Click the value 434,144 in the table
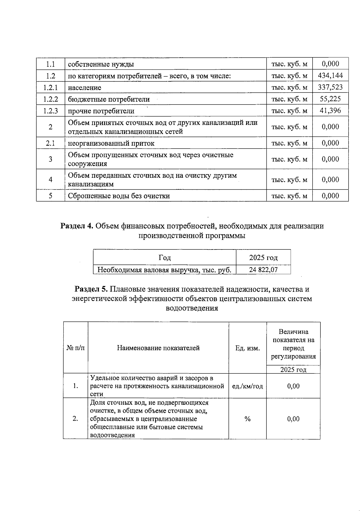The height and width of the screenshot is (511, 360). [330, 75]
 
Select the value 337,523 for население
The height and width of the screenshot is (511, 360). [330, 87]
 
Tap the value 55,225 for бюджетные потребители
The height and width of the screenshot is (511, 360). [330, 99]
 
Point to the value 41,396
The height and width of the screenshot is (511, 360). [330, 110]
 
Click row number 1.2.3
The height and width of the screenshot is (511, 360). [50, 111]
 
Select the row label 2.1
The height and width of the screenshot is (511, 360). [50, 143]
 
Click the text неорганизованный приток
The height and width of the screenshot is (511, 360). [111, 144]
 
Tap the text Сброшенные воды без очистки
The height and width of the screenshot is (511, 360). [119, 196]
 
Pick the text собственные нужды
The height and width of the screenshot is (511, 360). [101, 64]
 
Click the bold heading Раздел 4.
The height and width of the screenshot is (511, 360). [77, 226]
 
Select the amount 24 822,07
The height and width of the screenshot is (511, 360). [263, 270]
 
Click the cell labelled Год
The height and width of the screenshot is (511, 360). [164, 258]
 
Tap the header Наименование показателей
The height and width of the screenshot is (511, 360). [158, 348]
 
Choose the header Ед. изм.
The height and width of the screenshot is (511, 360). [247, 348]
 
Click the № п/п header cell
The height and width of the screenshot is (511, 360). [75, 348]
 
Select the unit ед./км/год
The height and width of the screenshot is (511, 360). [247, 386]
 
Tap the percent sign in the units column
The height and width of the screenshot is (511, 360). [247, 419]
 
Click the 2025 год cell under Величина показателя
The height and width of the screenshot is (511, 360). [293, 370]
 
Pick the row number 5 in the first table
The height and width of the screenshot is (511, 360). [50, 196]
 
